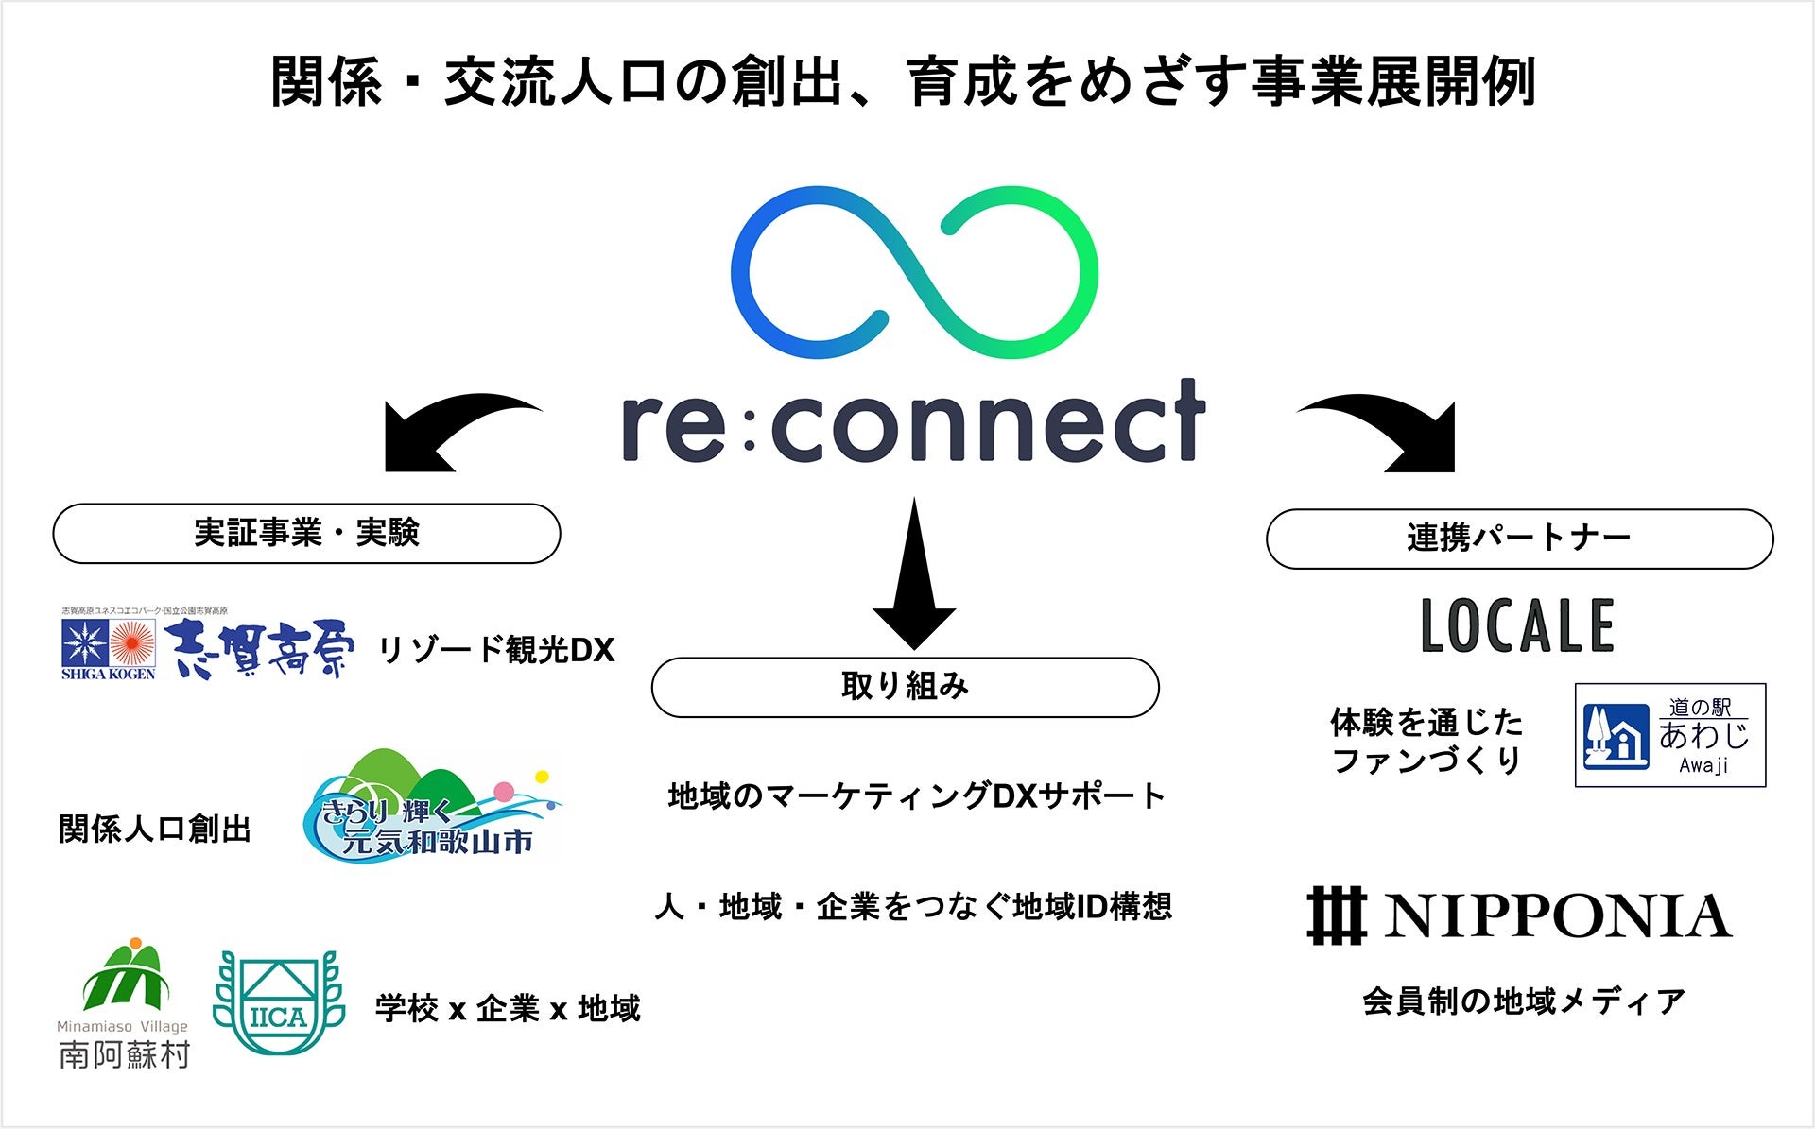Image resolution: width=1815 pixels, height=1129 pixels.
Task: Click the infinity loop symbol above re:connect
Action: (913, 272)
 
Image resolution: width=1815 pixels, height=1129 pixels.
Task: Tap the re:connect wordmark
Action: (913, 422)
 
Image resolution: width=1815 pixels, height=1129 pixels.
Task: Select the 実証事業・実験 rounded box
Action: (306, 534)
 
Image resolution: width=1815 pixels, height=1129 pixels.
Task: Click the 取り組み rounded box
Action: (905, 687)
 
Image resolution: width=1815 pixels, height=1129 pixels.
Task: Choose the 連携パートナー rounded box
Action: (1519, 539)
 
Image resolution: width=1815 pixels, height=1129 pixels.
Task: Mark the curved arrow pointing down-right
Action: (1390, 431)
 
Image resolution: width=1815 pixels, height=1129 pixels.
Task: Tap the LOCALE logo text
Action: (1518, 625)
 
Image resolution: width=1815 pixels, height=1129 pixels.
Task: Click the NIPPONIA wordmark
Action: (1520, 916)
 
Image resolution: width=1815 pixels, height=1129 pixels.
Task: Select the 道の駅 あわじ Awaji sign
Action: (1669, 735)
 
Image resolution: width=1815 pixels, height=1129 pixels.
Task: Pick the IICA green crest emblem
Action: (278, 1003)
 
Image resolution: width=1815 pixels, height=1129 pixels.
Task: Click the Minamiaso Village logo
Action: (124, 1003)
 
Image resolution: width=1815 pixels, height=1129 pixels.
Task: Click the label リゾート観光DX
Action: (495, 650)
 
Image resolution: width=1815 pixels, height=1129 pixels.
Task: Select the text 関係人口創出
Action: (155, 830)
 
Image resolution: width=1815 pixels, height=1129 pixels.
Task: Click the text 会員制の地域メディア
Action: (1524, 1001)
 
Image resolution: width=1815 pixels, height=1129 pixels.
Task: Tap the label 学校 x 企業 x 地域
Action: (508, 1009)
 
